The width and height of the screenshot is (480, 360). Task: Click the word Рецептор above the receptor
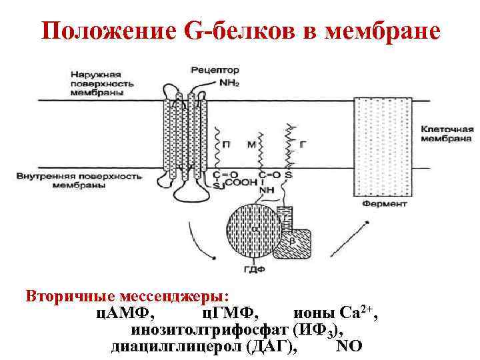pyautogui.click(x=211, y=69)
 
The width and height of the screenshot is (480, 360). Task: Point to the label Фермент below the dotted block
pyautogui.click(x=385, y=204)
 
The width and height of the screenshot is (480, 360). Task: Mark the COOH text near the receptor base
pyautogui.click(x=234, y=183)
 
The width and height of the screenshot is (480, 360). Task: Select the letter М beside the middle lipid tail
pyautogui.click(x=251, y=143)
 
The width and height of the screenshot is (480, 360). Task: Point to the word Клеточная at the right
pyautogui.click(x=447, y=129)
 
